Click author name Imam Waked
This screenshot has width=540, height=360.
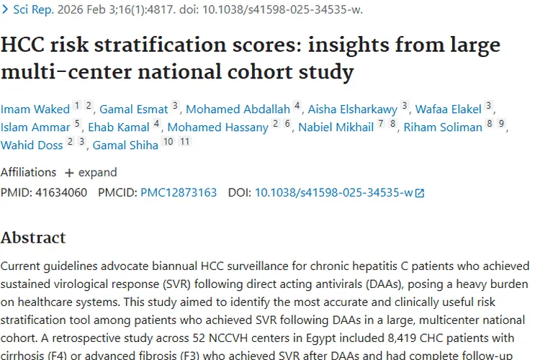coord(35,109)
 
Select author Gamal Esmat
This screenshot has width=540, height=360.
coord(133,109)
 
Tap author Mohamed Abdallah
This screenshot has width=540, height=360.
coord(238,109)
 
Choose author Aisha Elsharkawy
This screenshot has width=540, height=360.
coord(353,109)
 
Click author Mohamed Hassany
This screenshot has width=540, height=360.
coord(218,127)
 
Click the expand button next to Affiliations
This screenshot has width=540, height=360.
coord(91,173)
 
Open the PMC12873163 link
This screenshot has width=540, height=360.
coord(179,192)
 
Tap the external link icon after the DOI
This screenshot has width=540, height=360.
coord(420,193)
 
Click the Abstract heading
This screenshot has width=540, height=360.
coord(33,238)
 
